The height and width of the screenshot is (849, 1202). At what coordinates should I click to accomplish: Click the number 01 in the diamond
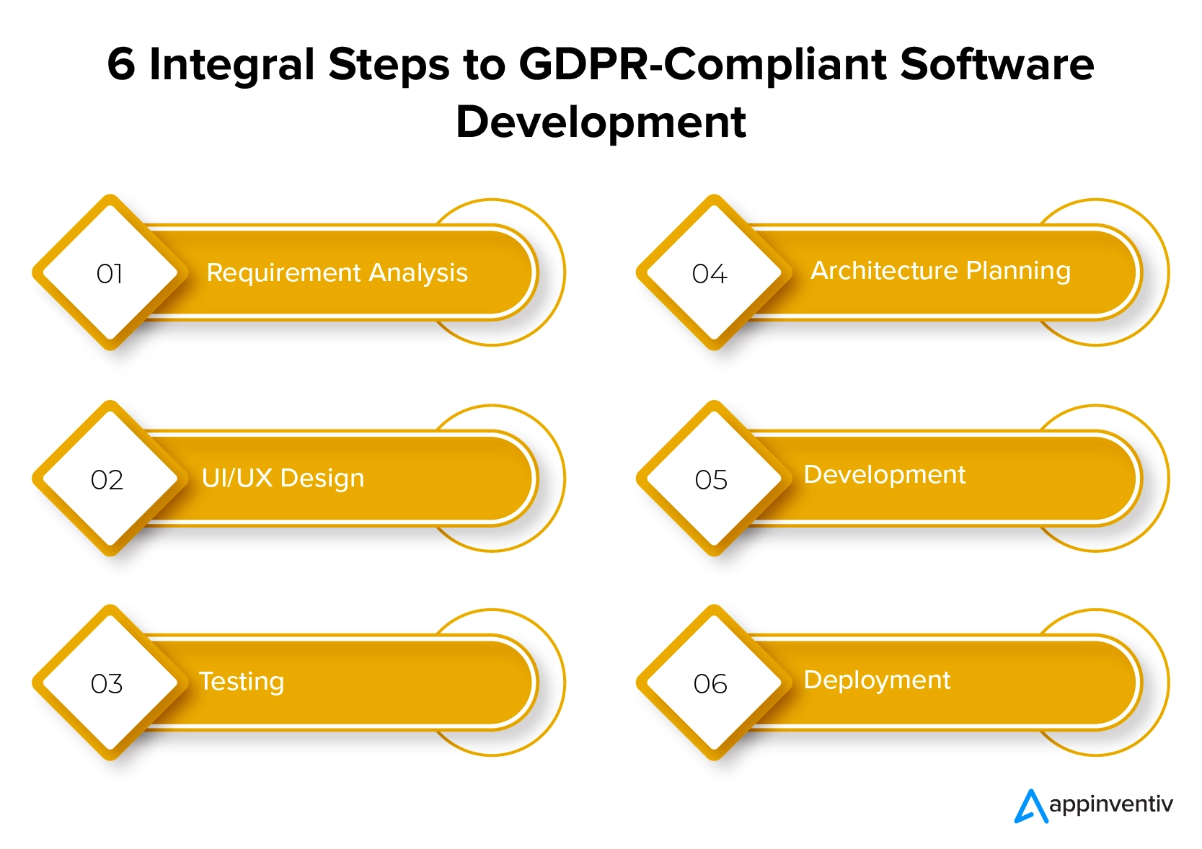click(110, 274)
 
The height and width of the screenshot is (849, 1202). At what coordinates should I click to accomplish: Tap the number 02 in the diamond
click(107, 479)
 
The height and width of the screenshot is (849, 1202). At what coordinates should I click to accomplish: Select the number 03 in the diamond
click(107, 684)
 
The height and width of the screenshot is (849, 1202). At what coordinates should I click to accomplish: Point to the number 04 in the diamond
click(710, 274)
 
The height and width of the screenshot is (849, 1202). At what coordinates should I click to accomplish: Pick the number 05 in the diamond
click(711, 479)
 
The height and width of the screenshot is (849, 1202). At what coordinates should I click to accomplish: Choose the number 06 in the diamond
click(710, 684)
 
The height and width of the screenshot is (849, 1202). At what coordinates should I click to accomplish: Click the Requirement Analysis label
click(337, 273)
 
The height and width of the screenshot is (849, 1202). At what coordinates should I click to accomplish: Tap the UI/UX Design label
click(283, 478)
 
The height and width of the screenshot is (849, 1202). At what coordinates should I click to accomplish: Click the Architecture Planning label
click(941, 271)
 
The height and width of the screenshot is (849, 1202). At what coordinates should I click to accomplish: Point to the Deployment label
click(877, 680)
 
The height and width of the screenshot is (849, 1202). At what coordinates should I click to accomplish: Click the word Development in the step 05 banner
click(884, 475)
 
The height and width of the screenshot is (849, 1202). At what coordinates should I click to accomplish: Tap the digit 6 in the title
click(120, 64)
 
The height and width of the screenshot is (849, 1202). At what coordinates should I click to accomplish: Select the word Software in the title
click(997, 64)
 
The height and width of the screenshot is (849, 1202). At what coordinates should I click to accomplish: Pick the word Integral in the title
click(231, 66)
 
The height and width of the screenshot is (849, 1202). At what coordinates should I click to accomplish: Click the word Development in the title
click(601, 123)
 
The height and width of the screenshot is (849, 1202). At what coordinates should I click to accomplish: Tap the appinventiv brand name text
click(1110, 804)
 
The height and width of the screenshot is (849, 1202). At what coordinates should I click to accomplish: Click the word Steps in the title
click(389, 66)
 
